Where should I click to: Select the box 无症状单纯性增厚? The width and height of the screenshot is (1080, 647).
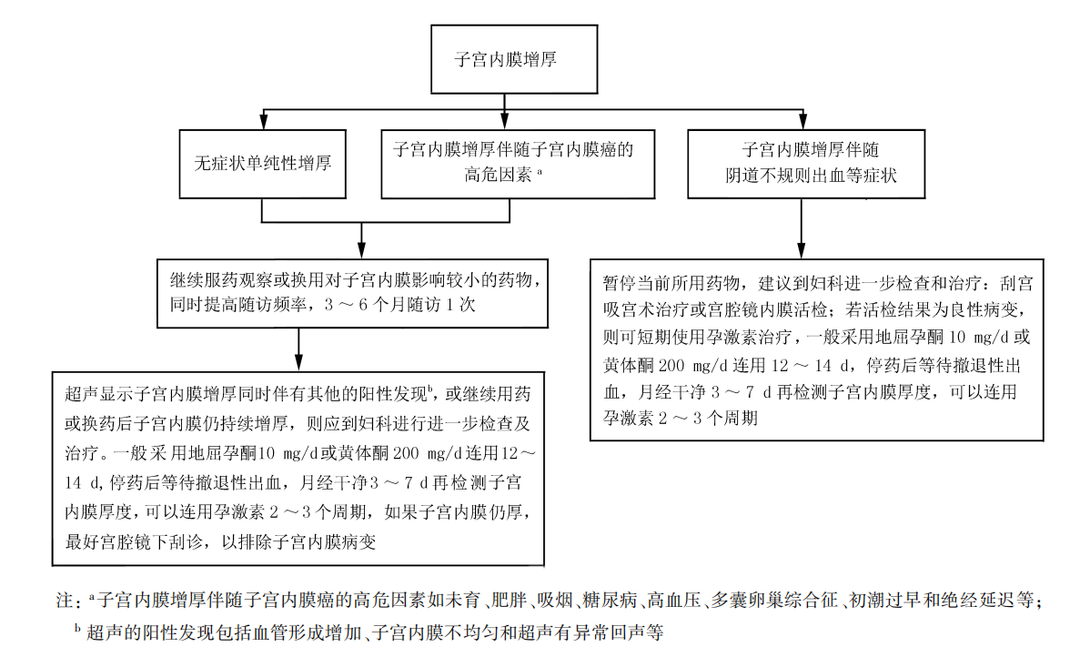[262, 164]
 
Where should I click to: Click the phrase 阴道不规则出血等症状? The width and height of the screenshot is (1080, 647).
[811, 175]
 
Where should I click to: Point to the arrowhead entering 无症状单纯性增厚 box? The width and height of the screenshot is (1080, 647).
[264, 125]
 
